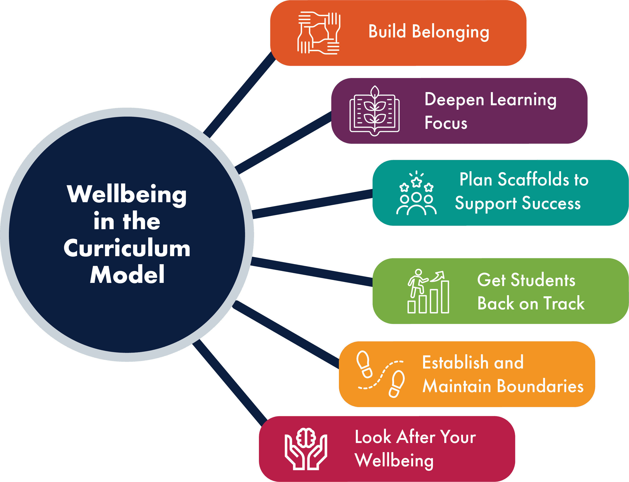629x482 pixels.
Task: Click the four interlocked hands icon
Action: coord(319,33)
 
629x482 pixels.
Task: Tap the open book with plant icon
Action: coord(374,111)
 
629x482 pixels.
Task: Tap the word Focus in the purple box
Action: coord(446,123)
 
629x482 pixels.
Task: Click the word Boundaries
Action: coord(540,386)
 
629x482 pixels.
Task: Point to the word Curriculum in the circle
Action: coord(127,248)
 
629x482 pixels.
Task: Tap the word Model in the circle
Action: coord(127,275)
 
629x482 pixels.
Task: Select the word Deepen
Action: coord(454,100)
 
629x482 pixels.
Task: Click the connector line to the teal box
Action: coord(312,204)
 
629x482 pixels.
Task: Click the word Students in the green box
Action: coord(543,280)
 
